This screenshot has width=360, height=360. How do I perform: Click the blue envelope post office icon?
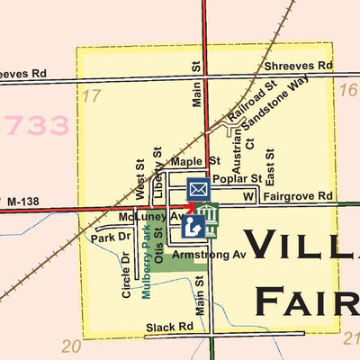198,189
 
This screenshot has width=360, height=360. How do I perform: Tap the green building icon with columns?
208,216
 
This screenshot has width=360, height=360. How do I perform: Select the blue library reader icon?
193,226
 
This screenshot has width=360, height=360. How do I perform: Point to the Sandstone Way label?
280,97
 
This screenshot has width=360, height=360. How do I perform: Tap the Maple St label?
195,162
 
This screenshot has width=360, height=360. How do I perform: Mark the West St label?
140,180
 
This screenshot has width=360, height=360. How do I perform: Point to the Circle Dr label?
126,274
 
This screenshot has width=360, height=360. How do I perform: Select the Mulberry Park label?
147,262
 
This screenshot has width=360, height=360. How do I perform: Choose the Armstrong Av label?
209,256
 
